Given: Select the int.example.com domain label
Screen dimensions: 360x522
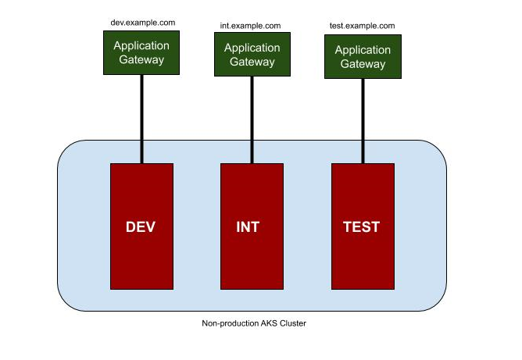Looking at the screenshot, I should pyautogui.click(x=252, y=26).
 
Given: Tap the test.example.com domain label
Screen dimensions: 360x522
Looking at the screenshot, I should pyautogui.click(x=362, y=26).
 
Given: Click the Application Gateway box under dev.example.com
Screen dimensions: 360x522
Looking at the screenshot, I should pyautogui.click(x=141, y=52).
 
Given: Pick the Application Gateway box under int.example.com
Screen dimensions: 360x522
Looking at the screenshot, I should pyautogui.click(x=252, y=55).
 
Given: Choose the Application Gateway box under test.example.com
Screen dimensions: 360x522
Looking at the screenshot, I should pyautogui.click(x=363, y=56).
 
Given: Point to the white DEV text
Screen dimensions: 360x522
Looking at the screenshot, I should pyautogui.click(x=141, y=228).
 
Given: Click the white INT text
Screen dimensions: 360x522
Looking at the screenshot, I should pyautogui.click(x=248, y=228).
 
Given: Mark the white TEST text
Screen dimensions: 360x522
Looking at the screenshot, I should pyautogui.click(x=362, y=228).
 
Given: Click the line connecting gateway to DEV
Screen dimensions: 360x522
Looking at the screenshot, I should pyautogui.click(x=141, y=117).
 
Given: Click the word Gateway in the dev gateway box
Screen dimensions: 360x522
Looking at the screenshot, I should pyautogui.click(x=141, y=59).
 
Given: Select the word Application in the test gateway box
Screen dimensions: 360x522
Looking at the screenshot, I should pyautogui.click(x=363, y=50).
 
